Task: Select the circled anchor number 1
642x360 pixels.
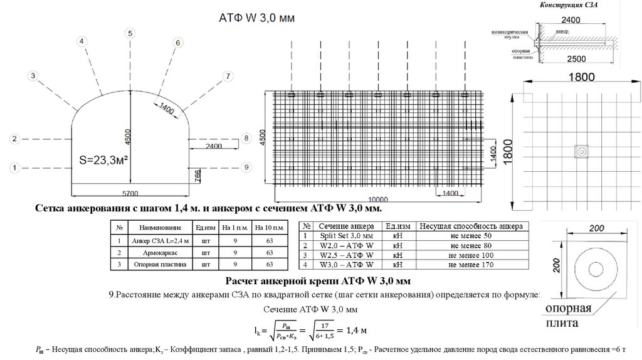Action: point(16,167)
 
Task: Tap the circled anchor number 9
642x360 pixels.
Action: point(246,167)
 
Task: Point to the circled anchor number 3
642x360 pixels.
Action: point(33,75)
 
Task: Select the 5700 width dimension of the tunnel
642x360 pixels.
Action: point(130,193)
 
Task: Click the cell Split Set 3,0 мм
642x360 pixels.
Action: point(345,235)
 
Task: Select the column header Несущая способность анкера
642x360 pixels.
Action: point(470,226)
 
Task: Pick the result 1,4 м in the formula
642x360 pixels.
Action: point(353,331)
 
